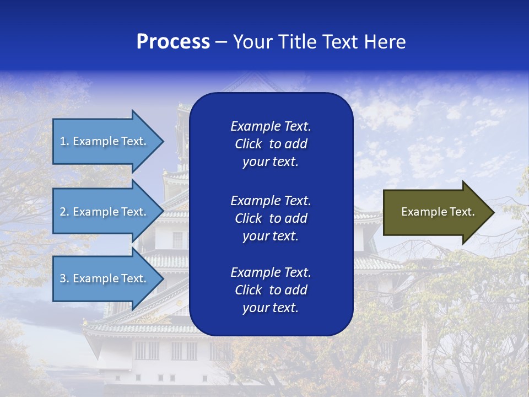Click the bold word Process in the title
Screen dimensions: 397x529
pos(173,42)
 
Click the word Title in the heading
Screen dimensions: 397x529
pos(297,42)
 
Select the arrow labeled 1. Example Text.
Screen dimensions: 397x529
pos(105,141)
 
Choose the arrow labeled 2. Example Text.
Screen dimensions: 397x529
pos(105,212)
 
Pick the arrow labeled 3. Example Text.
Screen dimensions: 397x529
pos(105,278)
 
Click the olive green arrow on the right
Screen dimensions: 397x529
pos(435,212)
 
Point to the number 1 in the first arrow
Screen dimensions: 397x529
pos(63,141)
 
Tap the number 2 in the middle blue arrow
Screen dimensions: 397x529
pos(63,212)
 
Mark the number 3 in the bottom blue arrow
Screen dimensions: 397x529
pos(63,278)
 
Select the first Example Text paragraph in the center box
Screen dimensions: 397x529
pos(271,144)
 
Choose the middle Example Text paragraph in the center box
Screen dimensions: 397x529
pos(271,218)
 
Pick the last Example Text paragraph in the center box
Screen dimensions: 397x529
pos(271,290)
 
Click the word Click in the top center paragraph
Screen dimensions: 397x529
pos(248,144)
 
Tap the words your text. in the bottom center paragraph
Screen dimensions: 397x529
pos(271,308)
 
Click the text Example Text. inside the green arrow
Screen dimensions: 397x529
pos(438,212)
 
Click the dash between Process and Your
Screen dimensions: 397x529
pos(221,42)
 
